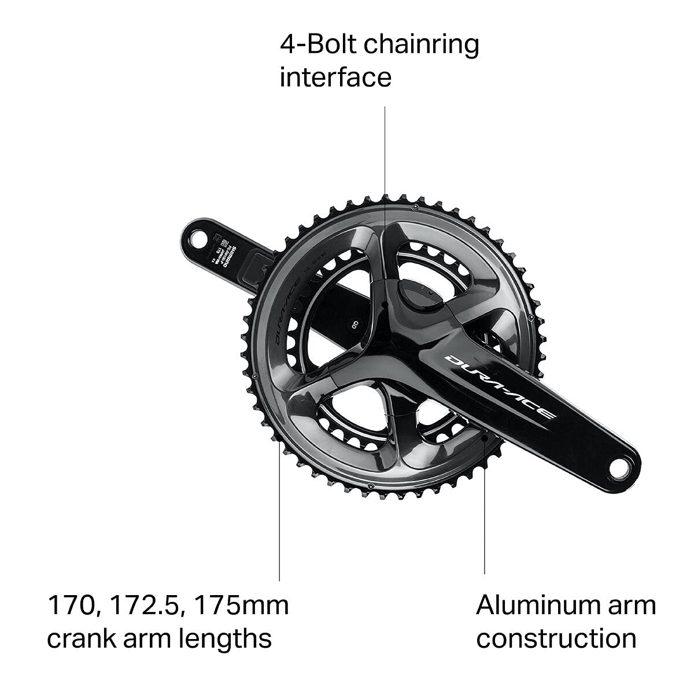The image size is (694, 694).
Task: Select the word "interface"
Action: pyautogui.click(x=335, y=77)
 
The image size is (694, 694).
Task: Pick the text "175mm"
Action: pyautogui.click(x=242, y=606)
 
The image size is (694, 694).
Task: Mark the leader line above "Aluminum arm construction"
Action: pyautogui.click(x=485, y=520)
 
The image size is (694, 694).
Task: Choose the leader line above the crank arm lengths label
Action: pyautogui.click(x=279, y=520)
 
